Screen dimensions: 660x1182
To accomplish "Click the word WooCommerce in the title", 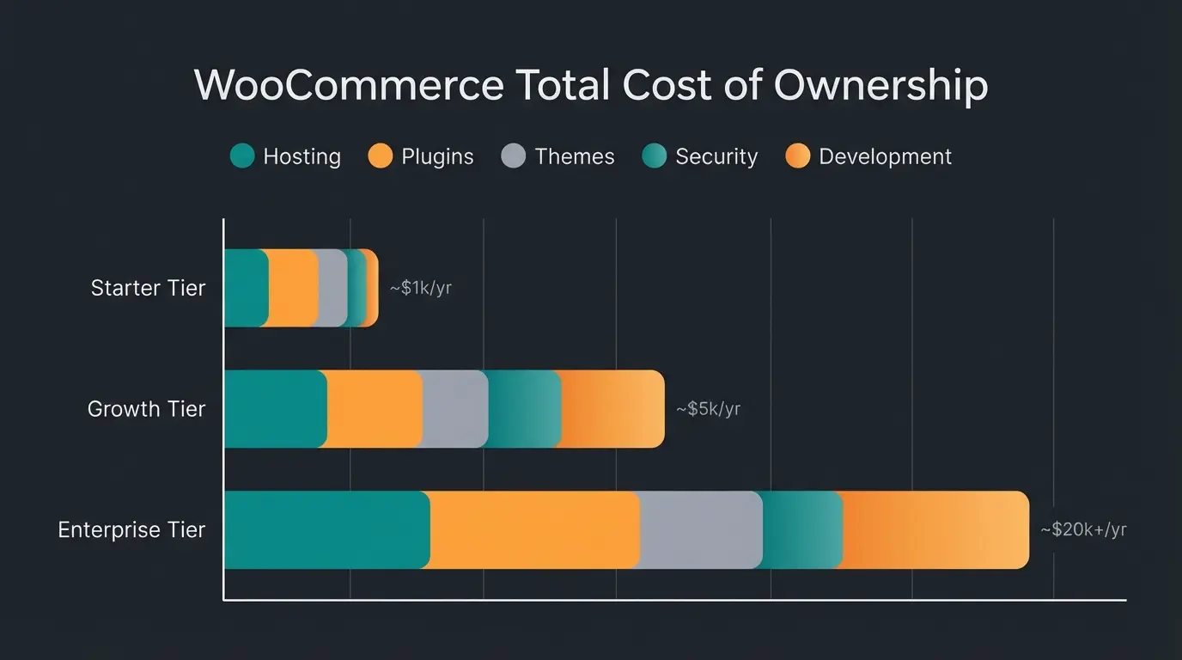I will click(x=349, y=86).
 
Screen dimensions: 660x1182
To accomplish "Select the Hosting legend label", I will click(x=302, y=156).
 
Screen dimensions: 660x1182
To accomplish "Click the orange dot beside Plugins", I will click(x=381, y=156).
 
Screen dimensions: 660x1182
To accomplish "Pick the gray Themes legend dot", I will click(x=513, y=156).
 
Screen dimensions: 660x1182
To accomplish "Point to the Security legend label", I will click(x=716, y=156).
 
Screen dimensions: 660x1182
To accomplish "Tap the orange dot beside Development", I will click(x=798, y=156).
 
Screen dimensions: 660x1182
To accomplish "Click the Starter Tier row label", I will click(x=148, y=288).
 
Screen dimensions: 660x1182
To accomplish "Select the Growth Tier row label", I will click(x=146, y=409).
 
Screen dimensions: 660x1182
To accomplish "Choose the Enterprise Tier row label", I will click(x=131, y=529).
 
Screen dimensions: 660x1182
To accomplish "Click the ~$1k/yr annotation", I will click(x=420, y=288).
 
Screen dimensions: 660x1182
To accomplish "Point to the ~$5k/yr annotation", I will click(x=708, y=409).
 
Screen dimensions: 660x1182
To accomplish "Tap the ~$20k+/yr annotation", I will click(x=1082, y=529).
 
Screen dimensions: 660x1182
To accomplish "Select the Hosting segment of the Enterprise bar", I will click(x=326, y=529).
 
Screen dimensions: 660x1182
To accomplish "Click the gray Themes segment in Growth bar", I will click(x=455, y=409).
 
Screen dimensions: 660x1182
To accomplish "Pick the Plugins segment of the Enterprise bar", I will click(x=534, y=529).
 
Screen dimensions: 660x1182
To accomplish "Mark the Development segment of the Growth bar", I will click(x=612, y=409).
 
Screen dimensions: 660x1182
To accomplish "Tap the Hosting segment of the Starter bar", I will click(x=246, y=288).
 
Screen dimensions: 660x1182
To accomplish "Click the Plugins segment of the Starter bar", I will click(x=293, y=288).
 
